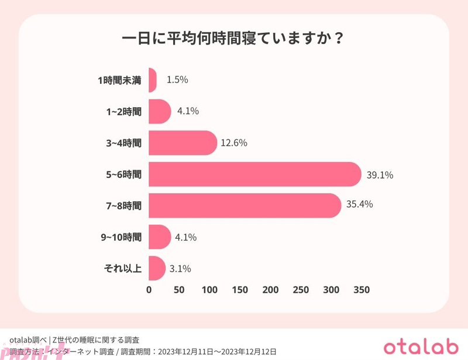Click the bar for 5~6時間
pos(254,174)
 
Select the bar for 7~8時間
pos(245,205)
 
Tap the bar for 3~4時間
pos(183,143)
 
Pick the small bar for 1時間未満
pos(153,80)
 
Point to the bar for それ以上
pos(157,269)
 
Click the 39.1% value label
pos(379,174)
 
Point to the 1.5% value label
pos(177,80)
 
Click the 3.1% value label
pos(180,269)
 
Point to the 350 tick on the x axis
pos(361,290)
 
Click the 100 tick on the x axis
pos(209,290)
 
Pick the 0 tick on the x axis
pos(149,290)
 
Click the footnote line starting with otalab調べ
pos(74,339)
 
